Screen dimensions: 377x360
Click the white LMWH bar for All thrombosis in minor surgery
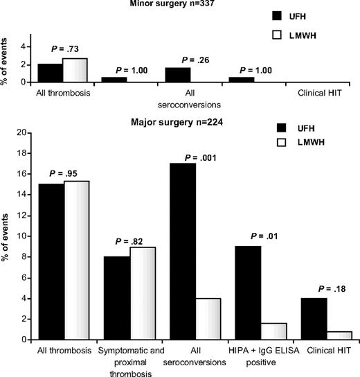coord(75,70)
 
